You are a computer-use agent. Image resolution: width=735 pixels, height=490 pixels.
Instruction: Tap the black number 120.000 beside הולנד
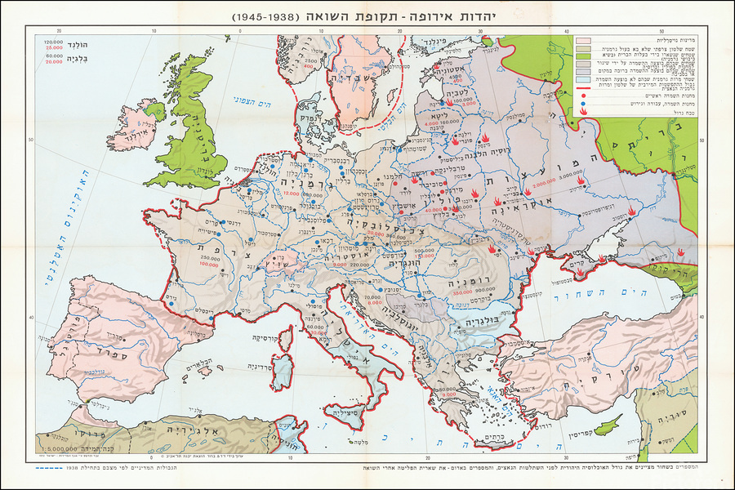point(53,41)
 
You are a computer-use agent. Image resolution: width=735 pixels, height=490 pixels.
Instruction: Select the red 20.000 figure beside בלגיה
point(53,62)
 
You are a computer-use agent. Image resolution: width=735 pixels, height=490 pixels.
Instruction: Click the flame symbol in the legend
point(583,105)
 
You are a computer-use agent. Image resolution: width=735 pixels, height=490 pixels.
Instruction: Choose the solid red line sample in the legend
point(583,86)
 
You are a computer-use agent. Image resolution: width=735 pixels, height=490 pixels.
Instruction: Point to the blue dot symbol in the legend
point(583,96)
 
